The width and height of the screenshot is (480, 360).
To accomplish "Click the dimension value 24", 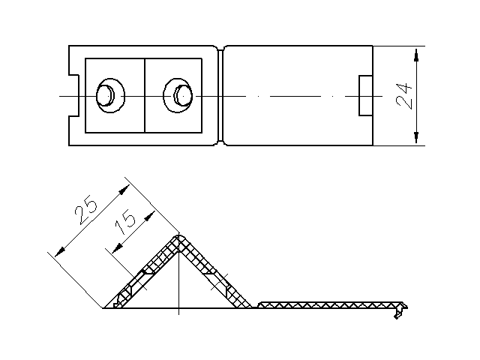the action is (404, 96).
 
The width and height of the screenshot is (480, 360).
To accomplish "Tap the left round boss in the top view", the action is (110, 95).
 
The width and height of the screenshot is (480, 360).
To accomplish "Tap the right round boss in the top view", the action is (178, 95).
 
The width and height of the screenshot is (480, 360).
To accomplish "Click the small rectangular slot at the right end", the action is (366, 95).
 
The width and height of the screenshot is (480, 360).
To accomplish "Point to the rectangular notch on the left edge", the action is (73, 95).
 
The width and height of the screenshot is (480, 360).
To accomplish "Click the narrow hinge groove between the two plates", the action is (220, 95).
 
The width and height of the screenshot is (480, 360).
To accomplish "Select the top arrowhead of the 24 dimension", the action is (415, 55).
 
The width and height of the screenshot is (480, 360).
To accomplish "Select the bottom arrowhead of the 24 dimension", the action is (415, 137).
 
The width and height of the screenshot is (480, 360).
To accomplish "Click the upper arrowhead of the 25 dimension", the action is (124, 190).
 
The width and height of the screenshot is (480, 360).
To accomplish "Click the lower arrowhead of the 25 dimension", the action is (60, 252).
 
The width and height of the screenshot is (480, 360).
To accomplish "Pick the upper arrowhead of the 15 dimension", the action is (149, 217).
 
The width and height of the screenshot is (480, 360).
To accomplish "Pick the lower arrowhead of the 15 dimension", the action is (117, 248).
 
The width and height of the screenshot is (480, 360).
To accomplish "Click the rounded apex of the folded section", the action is (178, 238).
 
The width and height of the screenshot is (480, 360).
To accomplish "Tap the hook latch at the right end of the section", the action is (400, 310).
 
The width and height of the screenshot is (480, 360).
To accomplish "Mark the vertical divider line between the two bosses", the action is (145, 95).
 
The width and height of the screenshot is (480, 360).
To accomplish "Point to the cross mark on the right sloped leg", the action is (220, 282).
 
